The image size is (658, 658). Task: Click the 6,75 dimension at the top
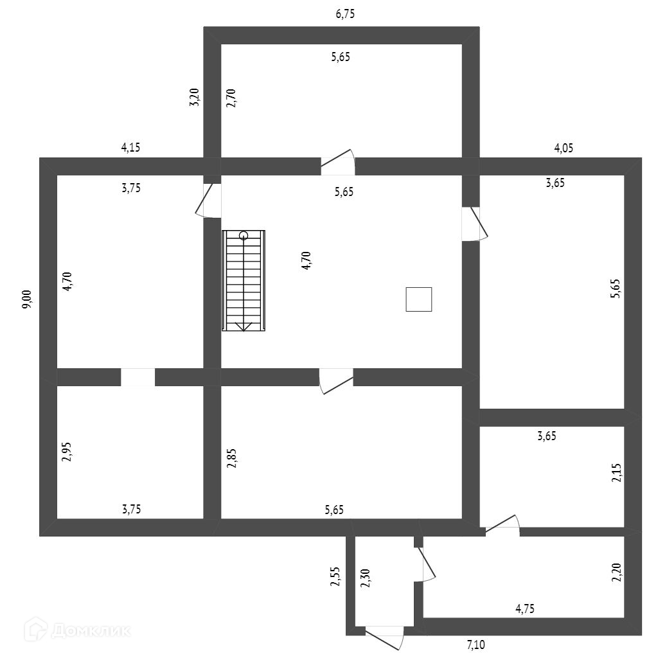(x=345, y=15)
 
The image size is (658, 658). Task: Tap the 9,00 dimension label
(x=27, y=300)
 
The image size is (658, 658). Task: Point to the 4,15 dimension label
(x=130, y=147)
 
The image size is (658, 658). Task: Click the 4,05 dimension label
(x=564, y=148)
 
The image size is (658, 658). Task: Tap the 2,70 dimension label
(x=231, y=97)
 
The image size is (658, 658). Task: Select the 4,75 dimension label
(x=525, y=608)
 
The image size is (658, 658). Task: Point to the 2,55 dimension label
(x=334, y=577)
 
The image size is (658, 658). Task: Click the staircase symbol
(x=244, y=281)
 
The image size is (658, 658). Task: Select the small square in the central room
(x=418, y=299)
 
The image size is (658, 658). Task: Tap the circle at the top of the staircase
(x=244, y=235)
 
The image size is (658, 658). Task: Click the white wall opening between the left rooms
(x=138, y=377)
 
